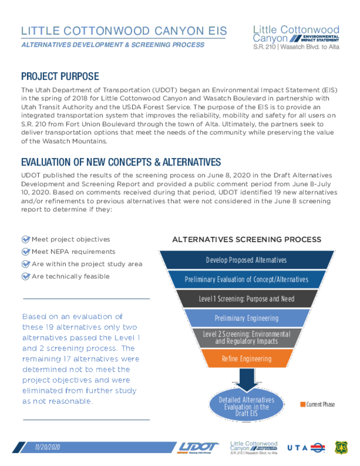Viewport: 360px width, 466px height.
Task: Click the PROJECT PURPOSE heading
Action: point(60,77)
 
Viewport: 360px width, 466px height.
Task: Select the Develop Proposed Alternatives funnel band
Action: point(247,260)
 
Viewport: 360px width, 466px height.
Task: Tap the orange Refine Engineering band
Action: point(247,359)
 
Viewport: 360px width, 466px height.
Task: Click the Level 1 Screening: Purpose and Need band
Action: point(247,299)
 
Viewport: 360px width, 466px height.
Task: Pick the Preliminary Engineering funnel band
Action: point(247,318)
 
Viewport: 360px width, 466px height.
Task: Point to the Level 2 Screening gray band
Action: point(247,338)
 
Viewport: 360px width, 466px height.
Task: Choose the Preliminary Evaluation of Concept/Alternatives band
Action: point(247,279)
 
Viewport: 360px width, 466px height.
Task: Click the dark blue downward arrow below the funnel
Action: point(246,380)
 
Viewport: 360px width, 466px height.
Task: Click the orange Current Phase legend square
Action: point(303,404)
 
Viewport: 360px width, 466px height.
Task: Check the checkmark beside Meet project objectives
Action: point(26,239)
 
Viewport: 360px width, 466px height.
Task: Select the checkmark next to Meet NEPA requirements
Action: point(26,252)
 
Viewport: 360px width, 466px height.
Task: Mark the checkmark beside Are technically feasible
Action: point(26,276)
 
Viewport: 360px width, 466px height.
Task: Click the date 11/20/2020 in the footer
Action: point(47,447)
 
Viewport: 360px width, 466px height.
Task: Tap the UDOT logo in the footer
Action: point(198,447)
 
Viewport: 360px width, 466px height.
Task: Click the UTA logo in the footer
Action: point(306,447)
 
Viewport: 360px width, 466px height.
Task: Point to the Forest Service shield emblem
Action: point(341,447)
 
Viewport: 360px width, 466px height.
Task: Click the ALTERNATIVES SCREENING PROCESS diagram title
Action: point(247,240)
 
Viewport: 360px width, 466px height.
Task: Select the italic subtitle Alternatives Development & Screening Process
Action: point(113,45)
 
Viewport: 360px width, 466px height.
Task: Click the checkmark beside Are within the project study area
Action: point(26,264)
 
